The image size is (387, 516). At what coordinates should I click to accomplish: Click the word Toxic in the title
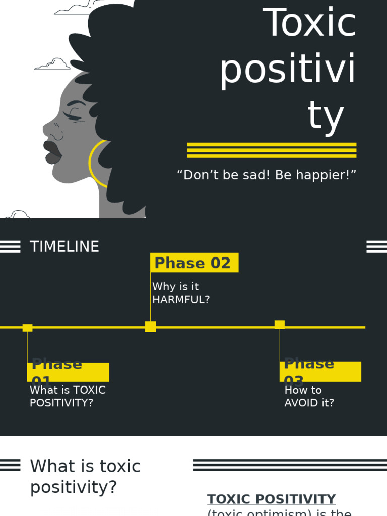[309, 23]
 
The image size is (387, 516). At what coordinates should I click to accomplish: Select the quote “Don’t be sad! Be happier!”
[267, 175]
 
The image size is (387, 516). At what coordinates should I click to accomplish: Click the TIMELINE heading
[64, 247]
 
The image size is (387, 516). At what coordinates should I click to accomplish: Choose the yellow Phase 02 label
[194, 263]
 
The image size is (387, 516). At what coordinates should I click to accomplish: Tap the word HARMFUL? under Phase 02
[181, 299]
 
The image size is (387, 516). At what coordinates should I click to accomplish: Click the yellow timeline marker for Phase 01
[28, 328]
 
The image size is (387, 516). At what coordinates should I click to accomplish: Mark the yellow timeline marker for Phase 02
[150, 327]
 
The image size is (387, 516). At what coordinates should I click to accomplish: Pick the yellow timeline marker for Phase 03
[280, 325]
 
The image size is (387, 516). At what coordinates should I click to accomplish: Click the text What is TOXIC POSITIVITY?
[68, 397]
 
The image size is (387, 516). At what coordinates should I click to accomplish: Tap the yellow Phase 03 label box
[320, 372]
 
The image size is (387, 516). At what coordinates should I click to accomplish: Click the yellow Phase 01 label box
[68, 372]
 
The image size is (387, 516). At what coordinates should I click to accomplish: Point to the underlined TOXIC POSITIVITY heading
[271, 499]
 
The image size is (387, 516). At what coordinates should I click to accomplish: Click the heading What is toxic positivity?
[85, 476]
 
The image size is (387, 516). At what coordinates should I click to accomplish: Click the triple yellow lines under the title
[272, 150]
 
